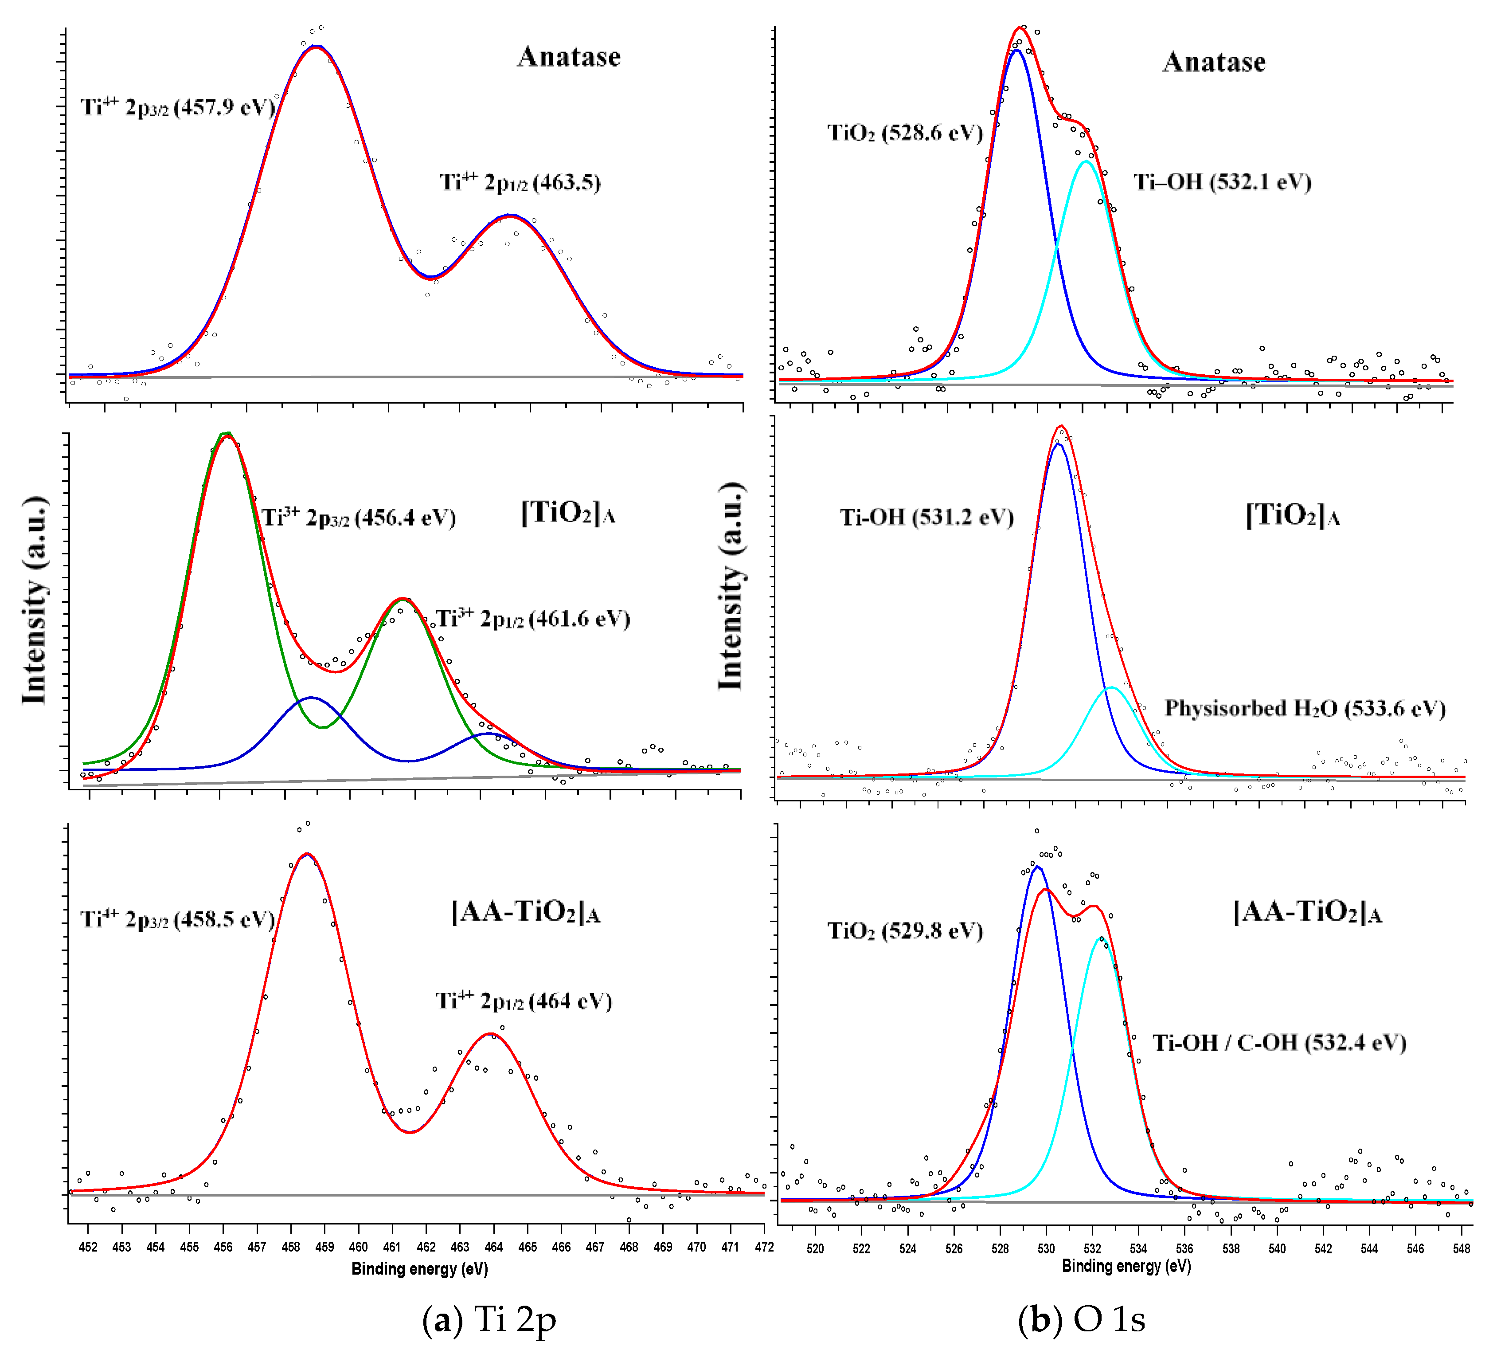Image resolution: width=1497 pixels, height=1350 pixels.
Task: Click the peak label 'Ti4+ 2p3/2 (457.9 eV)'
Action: [178, 108]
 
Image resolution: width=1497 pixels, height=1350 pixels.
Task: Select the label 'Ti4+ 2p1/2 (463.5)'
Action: [520, 182]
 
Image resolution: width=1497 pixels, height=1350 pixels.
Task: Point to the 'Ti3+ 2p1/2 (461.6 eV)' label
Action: [532, 619]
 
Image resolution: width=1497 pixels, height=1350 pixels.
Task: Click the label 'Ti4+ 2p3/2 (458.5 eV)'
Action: [178, 920]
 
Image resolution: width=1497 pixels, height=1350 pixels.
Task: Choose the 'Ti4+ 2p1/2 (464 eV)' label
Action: [524, 1001]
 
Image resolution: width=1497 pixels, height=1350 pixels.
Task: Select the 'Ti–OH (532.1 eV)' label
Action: [1222, 182]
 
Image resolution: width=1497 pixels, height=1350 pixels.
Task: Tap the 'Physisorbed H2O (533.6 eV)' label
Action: [1304, 708]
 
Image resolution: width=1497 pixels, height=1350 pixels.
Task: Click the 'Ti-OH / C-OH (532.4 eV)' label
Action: [1279, 1043]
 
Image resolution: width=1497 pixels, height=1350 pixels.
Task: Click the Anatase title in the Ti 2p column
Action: [569, 57]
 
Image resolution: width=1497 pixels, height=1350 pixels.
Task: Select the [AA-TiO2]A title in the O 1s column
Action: [1307, 912]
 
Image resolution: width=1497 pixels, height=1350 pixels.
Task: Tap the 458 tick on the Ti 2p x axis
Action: [291, 1247]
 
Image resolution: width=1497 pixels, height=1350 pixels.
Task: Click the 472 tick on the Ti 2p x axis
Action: [764, 1247]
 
